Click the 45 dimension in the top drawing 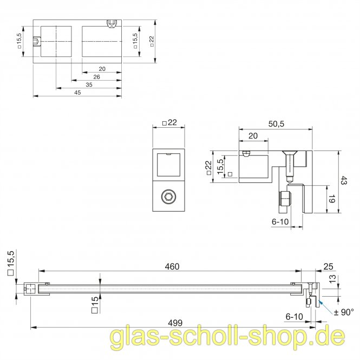pyautogui.click(x=77, y=93)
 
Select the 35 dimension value pyautogui.click(x=88, y=85)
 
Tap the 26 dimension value pyautogui.click(x=96, y=77)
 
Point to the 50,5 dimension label pyautogui.click(x=276, y=124)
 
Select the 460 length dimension pyautogui.click(x=172, y=266)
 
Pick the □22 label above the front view pyautogui.click(x=170, y=123)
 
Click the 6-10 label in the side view pyautogui.click(x=280, y=221)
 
